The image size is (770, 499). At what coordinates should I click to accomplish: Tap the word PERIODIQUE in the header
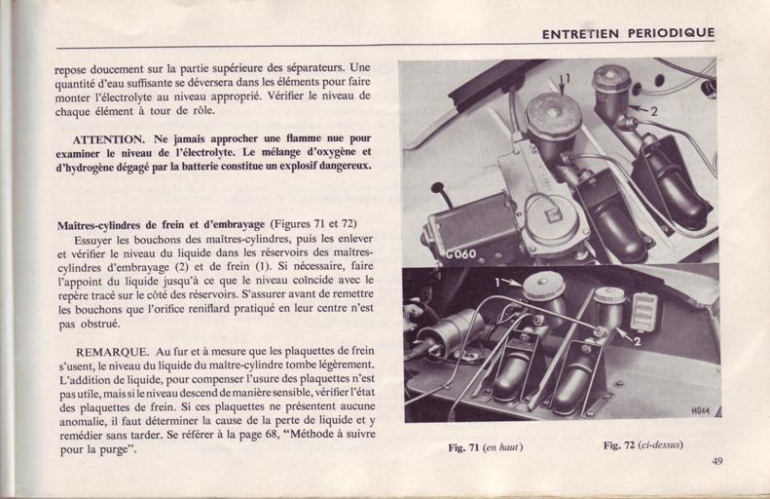coord(672,33)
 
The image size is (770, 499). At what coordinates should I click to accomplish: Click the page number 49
coord(717,461)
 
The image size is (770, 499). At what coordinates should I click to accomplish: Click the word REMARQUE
coord(112,352)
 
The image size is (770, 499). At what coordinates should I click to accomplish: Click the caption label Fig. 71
coord(463,447)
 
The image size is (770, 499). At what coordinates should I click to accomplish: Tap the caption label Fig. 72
coord(619,445)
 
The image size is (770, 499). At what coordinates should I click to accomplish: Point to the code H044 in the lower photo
coord(701,411)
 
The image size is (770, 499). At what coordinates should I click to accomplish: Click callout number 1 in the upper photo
coord(568,78)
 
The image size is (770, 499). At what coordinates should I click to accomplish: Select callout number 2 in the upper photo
coord(653,112)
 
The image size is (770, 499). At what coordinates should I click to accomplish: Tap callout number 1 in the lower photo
coord(497,283)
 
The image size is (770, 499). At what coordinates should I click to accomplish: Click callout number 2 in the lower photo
coord(637,341)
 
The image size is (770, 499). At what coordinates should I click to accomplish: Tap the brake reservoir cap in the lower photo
coord(542,288)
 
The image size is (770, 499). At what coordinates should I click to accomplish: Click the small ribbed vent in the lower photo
coord(642,311)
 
